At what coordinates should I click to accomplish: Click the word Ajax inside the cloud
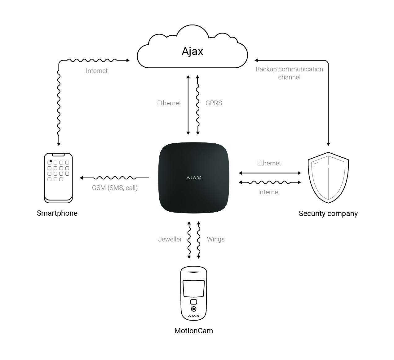[192, 51]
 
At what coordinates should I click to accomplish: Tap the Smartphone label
[57, 213]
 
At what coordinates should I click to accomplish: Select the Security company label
[328, 214]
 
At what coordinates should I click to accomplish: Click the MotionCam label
[194, 331]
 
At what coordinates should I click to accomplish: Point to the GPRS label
[214, 103]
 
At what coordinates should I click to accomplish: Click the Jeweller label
[170, 239]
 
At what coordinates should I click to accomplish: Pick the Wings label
[216, 239]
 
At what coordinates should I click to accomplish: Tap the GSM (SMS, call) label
[115, 188]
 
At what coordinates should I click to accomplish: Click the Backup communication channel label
[289, 73]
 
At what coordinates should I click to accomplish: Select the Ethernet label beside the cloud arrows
[169, 103]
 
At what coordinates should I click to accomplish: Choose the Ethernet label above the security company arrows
[269, 163]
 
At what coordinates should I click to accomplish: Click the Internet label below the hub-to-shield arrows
[269, 192]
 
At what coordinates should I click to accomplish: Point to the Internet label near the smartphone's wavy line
[97, 71]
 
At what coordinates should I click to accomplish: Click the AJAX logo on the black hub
[194, 178]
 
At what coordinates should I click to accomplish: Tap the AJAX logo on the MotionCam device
[194, 316]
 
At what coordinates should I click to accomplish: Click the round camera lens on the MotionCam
[194, 309]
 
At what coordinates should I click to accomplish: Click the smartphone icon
[58, 178]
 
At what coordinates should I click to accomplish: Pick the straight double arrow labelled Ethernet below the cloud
[188, 105]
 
